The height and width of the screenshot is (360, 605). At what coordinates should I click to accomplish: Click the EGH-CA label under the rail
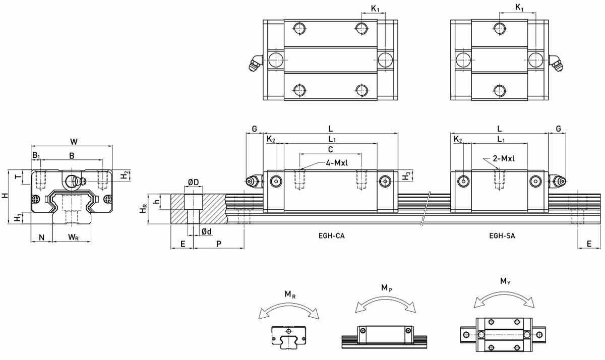pos(331,236)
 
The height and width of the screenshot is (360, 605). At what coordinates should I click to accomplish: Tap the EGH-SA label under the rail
pos(502,236)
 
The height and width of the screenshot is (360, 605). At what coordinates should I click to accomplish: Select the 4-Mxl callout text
pos(337,163)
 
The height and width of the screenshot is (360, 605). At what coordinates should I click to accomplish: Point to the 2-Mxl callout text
pos(504,158)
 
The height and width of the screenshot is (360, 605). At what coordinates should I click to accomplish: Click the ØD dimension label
pos(194,183)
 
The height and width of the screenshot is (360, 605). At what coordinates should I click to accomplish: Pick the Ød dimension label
pos(207,231)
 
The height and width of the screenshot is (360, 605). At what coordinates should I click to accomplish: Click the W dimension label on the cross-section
pos(74,142)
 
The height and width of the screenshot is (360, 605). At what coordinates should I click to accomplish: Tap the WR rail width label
pos(73,237)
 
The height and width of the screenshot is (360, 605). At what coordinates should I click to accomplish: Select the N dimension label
pos(41,237)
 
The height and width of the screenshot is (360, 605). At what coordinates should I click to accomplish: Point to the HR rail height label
pos(143,209)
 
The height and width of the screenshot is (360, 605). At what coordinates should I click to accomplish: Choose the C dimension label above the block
pos(330,149)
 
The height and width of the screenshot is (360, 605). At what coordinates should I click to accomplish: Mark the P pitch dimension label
pos(219,244)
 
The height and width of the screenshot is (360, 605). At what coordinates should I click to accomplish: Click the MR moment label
pos(290,294)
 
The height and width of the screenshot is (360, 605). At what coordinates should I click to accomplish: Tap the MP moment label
pos(387,288)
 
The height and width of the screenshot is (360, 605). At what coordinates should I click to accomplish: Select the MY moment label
pos(505,281)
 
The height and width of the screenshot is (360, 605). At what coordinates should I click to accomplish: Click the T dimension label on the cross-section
pos(18,177)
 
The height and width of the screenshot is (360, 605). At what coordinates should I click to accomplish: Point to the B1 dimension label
pos(36,156)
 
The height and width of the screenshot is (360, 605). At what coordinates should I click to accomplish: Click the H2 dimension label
pos(124,175)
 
